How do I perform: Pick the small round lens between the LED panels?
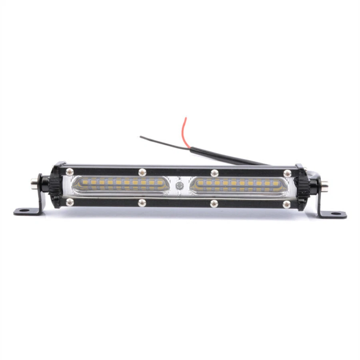point(180,186)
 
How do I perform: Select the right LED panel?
point(239,186)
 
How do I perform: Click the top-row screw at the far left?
point(70,172)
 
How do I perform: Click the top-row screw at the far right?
point(287,173)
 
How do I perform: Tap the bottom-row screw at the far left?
point(70,202)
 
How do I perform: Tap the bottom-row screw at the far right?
point(286,204)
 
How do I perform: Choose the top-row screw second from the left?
point(142,172)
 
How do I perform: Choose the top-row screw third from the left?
point(215,173)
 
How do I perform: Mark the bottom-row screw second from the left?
point(142,203)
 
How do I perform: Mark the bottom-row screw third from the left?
point(214,203)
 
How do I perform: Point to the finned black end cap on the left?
point(56,185)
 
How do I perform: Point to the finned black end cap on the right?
point(302,187)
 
